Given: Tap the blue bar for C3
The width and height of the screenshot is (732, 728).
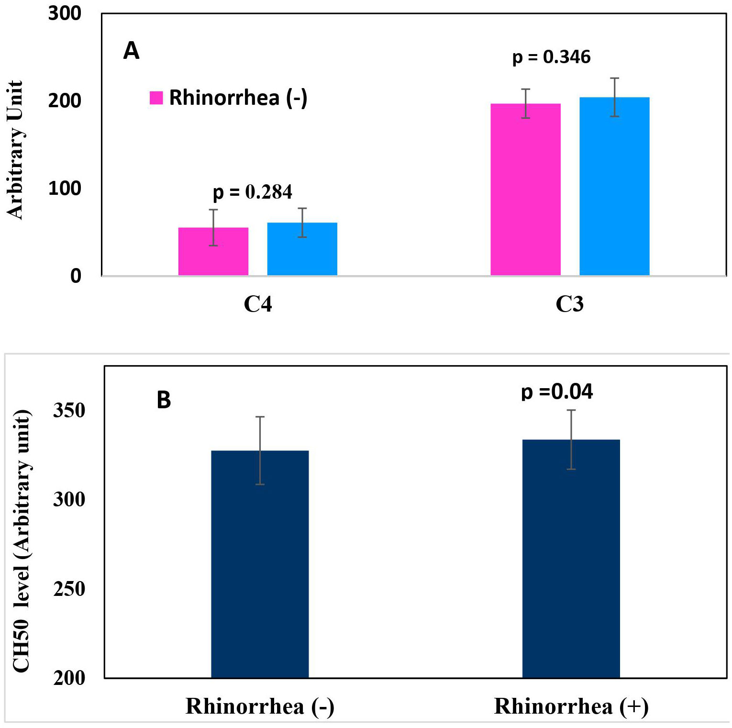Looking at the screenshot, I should tap(614, 186).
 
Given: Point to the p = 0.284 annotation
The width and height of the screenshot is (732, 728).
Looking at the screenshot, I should tap(252, 192).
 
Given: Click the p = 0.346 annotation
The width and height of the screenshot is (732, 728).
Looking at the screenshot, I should tap(551, 57).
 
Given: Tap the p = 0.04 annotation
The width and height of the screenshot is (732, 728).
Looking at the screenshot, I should tap(557, 392).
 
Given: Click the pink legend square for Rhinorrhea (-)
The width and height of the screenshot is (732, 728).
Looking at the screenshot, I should tap(156, 98).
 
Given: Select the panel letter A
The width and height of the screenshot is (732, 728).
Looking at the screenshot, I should tap(131, 50).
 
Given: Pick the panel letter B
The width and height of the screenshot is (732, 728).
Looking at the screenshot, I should tap(164, 400).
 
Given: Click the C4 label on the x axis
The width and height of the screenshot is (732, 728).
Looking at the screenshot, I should tap(258, 304).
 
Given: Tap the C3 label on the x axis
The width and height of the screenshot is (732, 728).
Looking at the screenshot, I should tap(569, 304).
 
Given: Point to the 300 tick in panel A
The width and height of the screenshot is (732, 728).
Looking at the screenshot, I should tap(65, 13).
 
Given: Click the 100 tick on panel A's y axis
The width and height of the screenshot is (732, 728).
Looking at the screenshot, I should tap(65, 189).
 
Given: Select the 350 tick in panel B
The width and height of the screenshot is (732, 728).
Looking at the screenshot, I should tap(69, 410).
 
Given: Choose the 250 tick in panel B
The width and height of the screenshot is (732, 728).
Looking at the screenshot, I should tap(69, 589).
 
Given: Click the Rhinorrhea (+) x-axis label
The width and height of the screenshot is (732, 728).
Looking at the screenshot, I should tap(571, 706).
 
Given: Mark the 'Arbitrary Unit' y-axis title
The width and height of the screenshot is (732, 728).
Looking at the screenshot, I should tap(15, 149).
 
